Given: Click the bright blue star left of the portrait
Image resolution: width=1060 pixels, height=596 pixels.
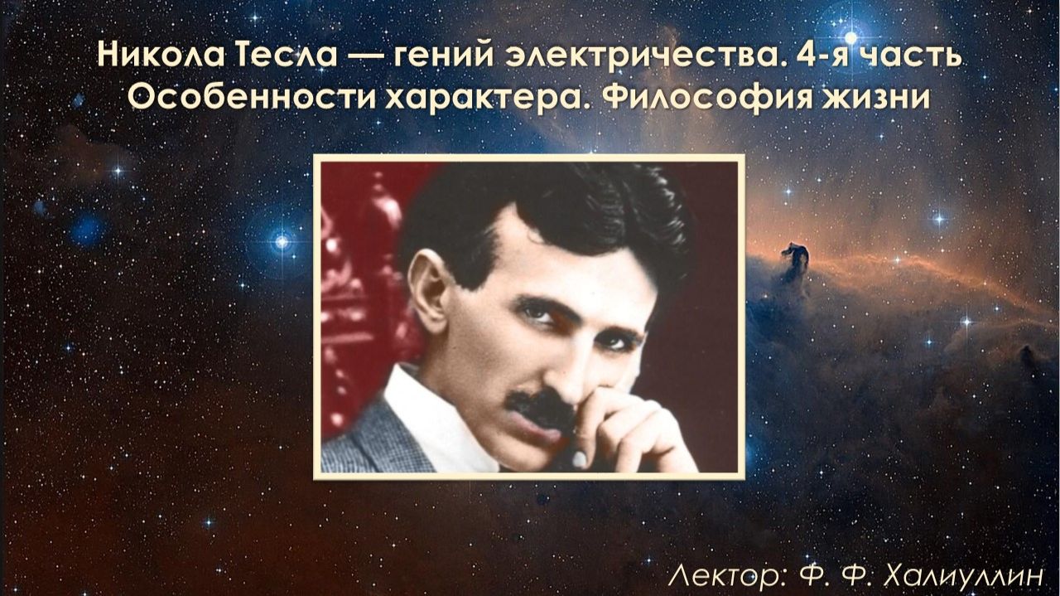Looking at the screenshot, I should coord(282,241).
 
